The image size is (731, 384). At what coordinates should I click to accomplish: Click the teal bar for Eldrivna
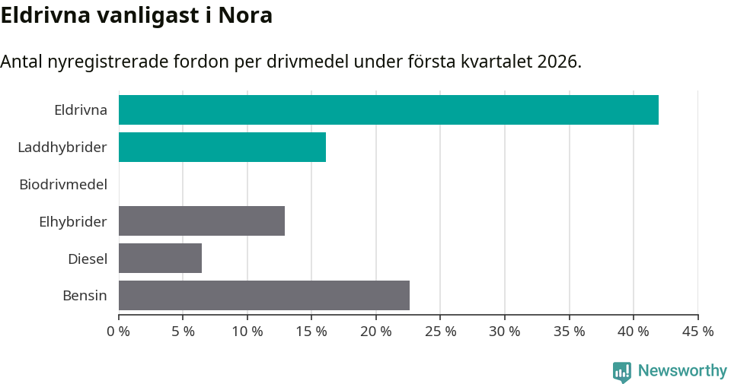[388, 109]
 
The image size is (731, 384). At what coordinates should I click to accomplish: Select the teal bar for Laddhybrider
[222, 147]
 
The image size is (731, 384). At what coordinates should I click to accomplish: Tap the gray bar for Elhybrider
[202, 221]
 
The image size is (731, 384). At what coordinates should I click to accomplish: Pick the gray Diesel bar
[160, 259]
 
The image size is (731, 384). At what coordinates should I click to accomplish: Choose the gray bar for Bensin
[264, 296]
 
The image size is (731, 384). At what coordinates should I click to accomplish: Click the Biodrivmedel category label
[63, 184]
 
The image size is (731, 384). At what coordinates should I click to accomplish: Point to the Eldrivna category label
[81, 109]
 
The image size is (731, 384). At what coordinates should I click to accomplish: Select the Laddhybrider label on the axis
[62, 147]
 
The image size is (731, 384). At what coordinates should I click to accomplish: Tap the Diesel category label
[88, 259]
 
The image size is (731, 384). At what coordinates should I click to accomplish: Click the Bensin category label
[85, 296]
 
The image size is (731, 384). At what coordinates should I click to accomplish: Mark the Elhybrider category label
[73, 221]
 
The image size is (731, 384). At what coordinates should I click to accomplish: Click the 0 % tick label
[119, 332]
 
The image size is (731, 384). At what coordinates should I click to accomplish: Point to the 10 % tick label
[247, 332]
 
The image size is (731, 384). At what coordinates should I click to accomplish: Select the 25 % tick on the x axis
[441, 332]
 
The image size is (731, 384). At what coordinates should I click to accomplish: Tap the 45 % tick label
[697, 332]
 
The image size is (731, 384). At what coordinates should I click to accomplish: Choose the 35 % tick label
[570, 332]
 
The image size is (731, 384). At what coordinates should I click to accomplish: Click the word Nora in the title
[245, 15]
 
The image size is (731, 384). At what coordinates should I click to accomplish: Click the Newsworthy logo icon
[622, 371]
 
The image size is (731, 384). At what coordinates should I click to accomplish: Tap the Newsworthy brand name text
[682, 371]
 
